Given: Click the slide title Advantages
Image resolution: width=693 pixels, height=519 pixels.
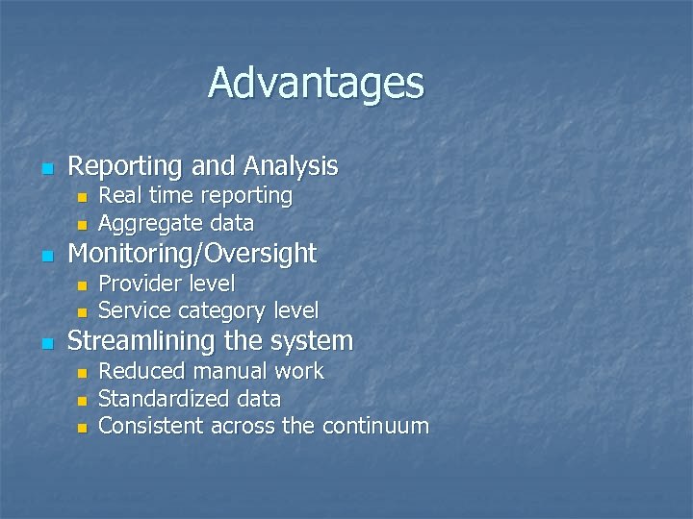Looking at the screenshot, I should coord(316,83).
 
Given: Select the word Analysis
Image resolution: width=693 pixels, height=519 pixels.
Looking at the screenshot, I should coord(291,166).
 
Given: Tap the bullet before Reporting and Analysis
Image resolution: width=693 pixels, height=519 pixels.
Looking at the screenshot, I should coord(44,169).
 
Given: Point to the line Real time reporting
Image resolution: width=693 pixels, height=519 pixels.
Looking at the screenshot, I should coord(195,195).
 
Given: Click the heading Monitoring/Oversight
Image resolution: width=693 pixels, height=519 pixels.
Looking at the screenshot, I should coord(192,254).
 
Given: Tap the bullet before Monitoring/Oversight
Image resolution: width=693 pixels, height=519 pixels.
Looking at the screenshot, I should coord(44,257).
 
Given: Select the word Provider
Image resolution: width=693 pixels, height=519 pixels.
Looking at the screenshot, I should coord(139,284).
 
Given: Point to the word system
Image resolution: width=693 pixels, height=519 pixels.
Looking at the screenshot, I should coord(317,341).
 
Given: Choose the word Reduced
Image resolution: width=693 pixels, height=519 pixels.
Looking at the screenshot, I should coord(141,371).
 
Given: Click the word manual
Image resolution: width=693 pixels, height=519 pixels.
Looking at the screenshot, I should coord(231,371).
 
